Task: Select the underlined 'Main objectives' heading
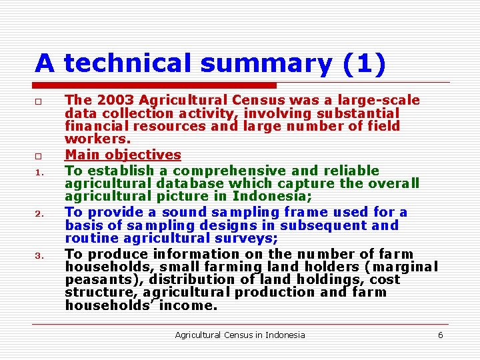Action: pyautogui.click(x=123, y=155)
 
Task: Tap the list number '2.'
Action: pyautogui.click(x=39, y=214)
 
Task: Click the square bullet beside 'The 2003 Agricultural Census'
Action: pyautogui.click(x=39, y=101)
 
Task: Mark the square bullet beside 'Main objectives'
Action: pyautogui.click(x=39, y=156)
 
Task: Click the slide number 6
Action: pyautogui.click(x=440, y=335)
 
